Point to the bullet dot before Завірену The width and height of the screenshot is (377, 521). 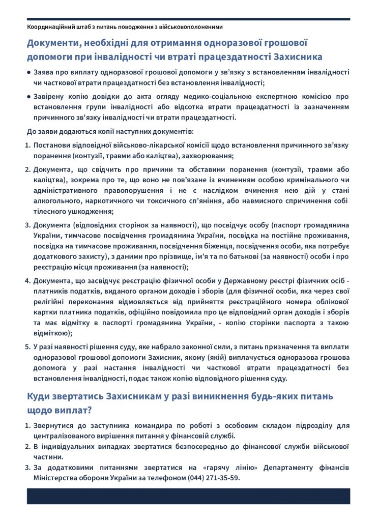(28, 96)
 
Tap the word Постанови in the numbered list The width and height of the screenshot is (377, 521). (51, 146)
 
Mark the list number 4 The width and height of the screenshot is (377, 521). (28, 280)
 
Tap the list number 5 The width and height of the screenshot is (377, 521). (28, 346)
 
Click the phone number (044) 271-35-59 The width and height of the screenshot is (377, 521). (213, 478)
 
